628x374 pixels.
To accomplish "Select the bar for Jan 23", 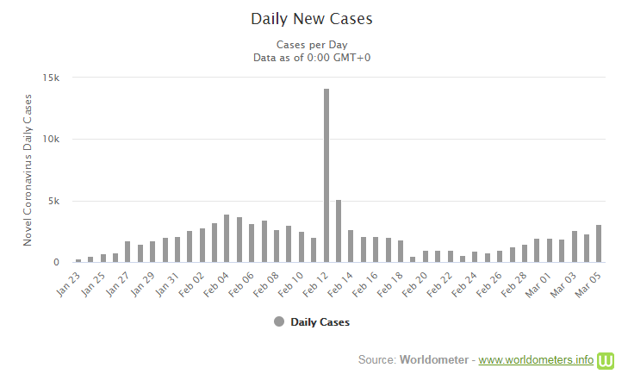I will [78, 260].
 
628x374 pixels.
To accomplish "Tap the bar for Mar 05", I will [599, 244].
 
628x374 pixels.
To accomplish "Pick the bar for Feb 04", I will [227, 239].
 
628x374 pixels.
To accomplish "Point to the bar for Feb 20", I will [413, 259].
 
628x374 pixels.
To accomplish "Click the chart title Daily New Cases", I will [312, 18].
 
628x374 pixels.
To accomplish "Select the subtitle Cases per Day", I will [312, 44].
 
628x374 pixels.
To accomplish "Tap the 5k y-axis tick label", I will [53, 202].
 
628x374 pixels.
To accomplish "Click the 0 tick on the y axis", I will [56, 263].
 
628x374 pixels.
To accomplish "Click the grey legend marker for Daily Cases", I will [278, 321].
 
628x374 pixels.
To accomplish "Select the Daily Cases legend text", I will [320, 322].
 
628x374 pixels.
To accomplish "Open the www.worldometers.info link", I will [536, 358].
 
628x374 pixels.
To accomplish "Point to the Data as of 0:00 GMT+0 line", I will [312, 57].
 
